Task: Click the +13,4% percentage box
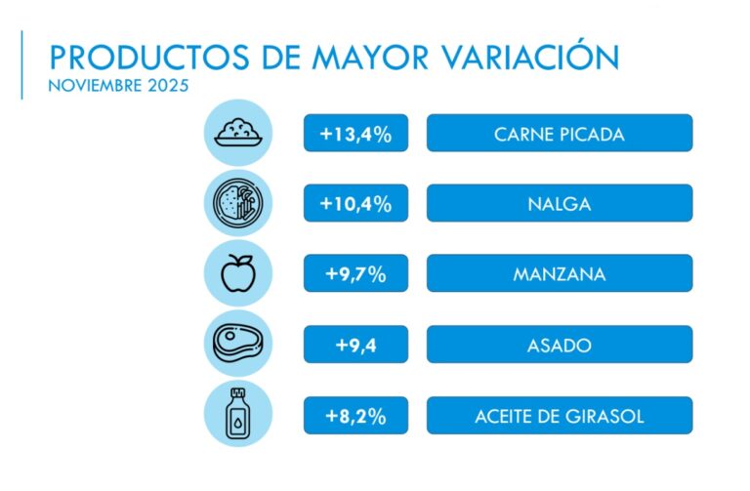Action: (355, 134)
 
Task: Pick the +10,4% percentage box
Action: (355, 203)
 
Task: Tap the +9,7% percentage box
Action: (355, 273)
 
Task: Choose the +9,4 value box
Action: (355, 344)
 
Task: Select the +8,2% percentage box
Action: (355, 416)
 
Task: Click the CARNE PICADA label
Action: (559, 134)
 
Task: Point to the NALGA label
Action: (559, 203)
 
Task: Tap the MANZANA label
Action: (559, 273)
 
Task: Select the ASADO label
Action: (559, 344)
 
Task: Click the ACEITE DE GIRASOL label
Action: (559, 416)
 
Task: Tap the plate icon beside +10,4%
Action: (237, 203)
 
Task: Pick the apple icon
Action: (237, 273)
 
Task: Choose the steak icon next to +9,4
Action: (237, 344)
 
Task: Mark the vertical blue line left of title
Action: (21, 64)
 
